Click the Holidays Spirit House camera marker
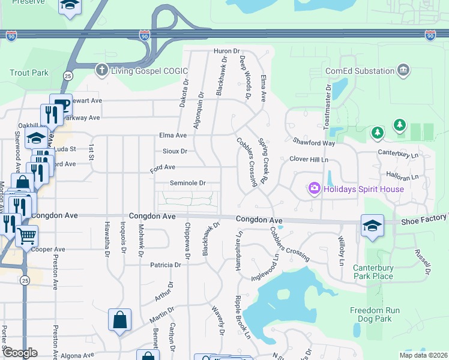[314, 189]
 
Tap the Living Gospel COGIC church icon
[102, 70]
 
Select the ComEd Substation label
[360, 71]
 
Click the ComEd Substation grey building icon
[403, 70]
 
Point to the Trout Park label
[29, 73]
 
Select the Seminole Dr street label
[188, 183]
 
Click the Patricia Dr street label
[165, 265]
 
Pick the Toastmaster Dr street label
[328, 107]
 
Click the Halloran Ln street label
[402, 178]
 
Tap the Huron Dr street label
[226, 52]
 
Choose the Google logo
[20, 353]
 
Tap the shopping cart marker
[26, 236]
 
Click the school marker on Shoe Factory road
[372, 226]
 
